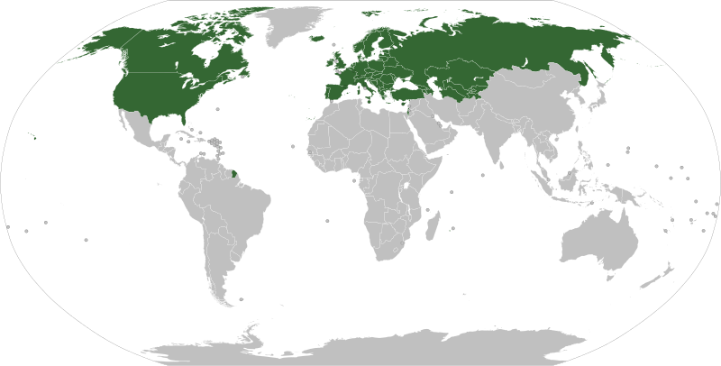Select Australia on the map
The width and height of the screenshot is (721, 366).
pos(599,238)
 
